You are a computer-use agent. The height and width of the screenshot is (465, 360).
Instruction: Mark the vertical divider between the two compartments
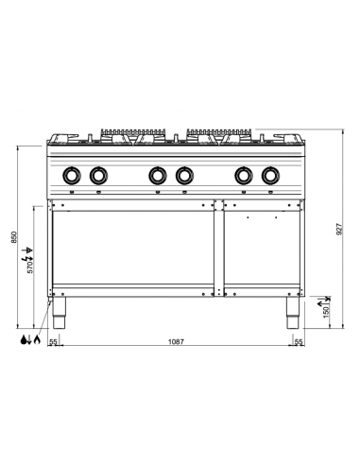tap(217, 246)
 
